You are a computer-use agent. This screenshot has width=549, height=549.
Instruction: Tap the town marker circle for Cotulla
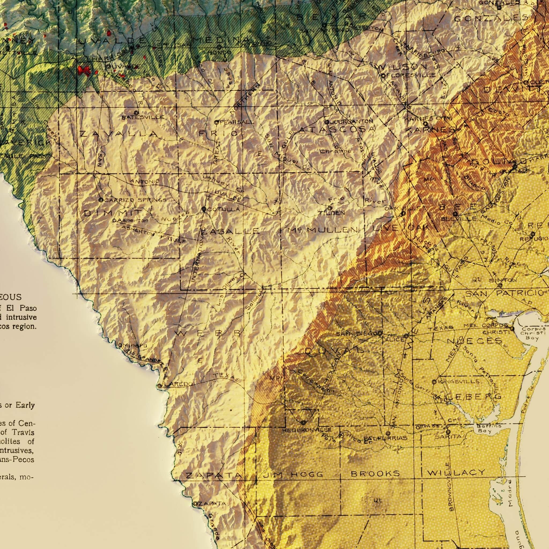[203, 209]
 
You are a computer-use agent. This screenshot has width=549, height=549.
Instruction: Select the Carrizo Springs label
[135, 200]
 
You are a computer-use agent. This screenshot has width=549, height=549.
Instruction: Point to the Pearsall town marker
[216, 123]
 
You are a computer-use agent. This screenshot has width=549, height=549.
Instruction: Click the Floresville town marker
[383, 76]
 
